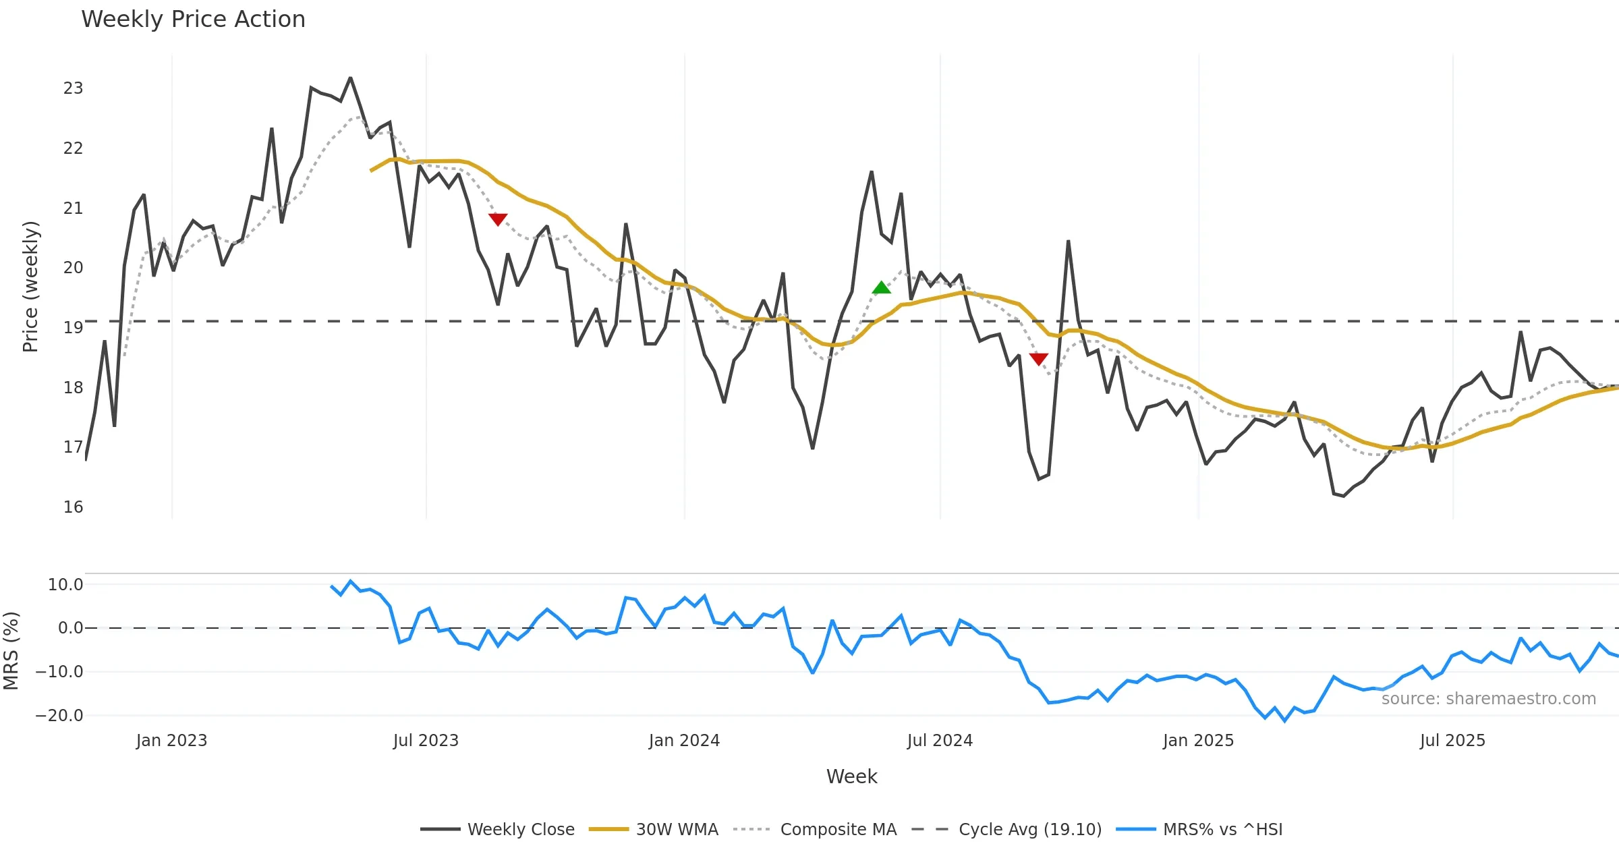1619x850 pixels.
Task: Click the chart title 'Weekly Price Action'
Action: pyautogui.click(x=193, y=20)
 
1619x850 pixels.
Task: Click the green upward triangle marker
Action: pyautogui.click(x=881, y=288)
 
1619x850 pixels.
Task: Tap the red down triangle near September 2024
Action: pyautogui.click(x=1039, y=359)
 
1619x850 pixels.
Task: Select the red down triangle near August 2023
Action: pyautogui.click(x=498, y=219)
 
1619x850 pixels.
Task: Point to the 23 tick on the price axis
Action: pyautogui.click(x=73, y=88)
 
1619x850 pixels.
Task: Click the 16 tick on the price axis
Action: pyautogui.click(x=73, y=507)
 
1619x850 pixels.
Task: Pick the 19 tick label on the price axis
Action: pyautogui.click(x=73, y=328)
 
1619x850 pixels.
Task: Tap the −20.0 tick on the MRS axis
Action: pyautogui.click(x=59, y=716)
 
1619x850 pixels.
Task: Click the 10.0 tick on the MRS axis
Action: pyautogui.click(x=65, y=585)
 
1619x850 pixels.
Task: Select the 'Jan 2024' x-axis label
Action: pyautogui.click(x=684, y=741)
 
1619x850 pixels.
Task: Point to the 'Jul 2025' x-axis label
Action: pyautogui.click(x=1452, y=741)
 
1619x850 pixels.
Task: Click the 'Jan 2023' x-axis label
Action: pyautogui.click(x=171, y=741)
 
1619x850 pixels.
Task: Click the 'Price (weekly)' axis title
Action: pyautogui.click(x=31, y=287)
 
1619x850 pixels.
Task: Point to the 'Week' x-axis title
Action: pyautogui.click(x=851, y=777)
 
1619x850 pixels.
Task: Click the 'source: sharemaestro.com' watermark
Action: pyautogui.click(x=1488, y=699)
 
